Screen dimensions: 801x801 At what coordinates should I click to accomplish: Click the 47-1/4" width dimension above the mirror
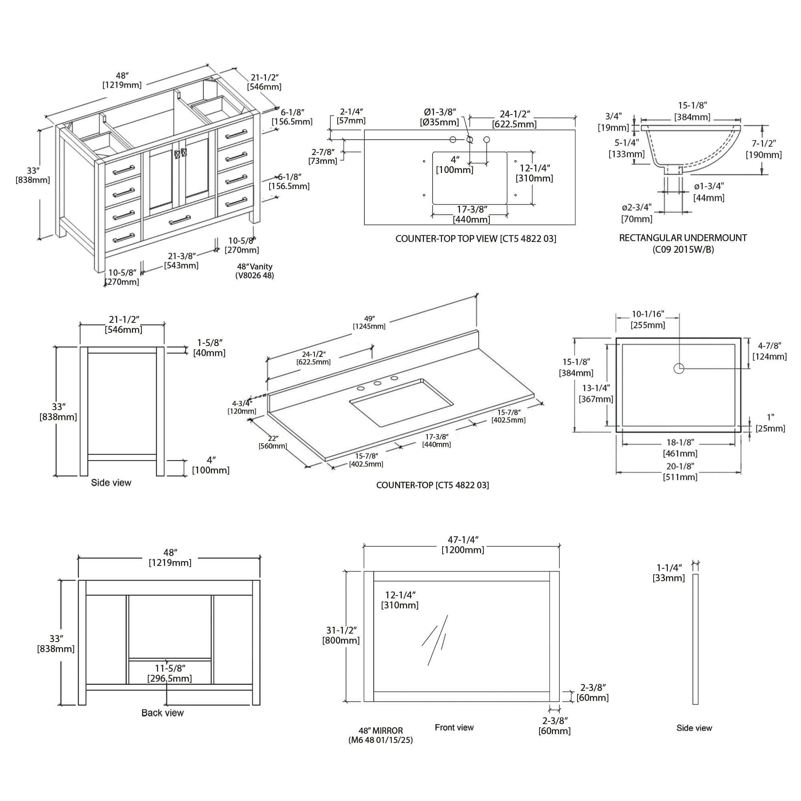(463, 545)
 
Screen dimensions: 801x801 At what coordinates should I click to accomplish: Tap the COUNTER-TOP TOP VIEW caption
(475, 239)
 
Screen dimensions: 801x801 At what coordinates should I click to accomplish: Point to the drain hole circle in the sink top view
(679, 368)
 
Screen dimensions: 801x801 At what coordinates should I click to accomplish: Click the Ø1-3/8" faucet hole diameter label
(439, 117)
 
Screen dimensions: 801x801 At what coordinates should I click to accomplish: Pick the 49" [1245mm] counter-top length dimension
(369, 322)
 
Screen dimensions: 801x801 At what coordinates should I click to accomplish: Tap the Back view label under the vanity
(162, 713)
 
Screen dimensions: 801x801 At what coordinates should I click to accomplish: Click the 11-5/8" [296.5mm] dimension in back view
(169, 673)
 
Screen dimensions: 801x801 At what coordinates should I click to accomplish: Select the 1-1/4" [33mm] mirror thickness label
(669, 573)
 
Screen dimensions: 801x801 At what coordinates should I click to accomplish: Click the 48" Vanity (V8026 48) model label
(255, 271)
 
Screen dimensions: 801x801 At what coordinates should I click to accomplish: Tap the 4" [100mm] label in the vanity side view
(211, 465)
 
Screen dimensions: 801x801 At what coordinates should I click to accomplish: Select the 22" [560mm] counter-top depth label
(273, 443)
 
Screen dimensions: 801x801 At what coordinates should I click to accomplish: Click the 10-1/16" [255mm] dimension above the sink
(648, 320)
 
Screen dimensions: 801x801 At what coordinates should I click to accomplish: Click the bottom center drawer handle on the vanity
(179, 220)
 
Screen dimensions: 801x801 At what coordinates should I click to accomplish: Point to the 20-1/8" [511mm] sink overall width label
(680, 472)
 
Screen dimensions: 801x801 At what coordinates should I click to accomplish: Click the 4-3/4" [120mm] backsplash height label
(242, 407)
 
